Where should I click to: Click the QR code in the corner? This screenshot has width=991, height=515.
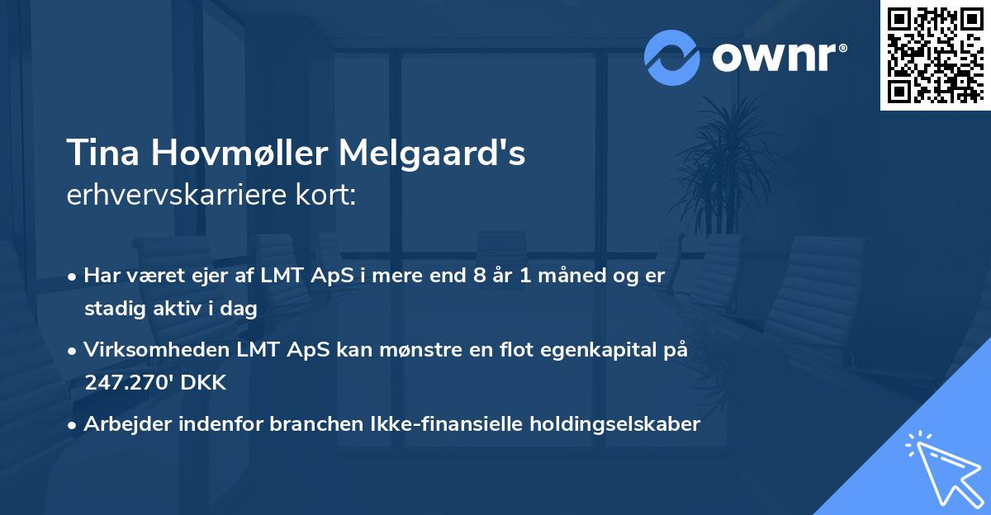pyautogui.click(x=936, y=55)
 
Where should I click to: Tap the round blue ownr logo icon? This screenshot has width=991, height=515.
pyautogui.click(x=672, y=58)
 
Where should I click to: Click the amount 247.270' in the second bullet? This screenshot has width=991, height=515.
pyautogui.click(x=133, y=383)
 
